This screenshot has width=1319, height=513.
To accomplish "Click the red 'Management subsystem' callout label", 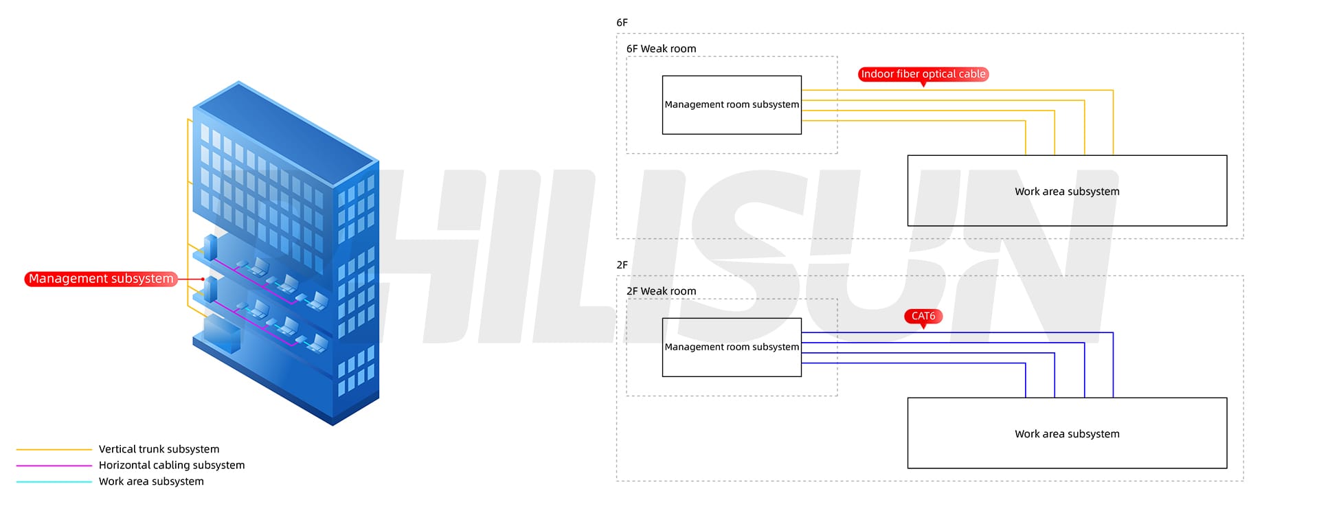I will [101, 279].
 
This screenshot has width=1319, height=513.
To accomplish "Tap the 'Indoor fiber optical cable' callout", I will [923, 74].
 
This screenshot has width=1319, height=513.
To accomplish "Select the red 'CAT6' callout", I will [923, 316].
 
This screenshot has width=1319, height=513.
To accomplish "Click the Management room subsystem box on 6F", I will [732, 105].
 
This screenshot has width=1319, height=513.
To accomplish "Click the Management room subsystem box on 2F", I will [732, 347].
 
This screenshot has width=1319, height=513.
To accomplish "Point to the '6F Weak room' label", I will [661, 49].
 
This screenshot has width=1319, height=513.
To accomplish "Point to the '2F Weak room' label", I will [661, 291].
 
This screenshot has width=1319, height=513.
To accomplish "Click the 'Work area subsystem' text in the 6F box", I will [1067, 192].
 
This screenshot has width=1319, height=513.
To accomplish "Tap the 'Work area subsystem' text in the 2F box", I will [1067, 434].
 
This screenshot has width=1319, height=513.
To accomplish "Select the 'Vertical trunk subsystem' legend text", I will [159, 449].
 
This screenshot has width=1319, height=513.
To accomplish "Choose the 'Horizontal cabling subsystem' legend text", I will [171, 465].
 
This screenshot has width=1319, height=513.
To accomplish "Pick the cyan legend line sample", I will [54, 482].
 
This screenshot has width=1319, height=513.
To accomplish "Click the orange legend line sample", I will [54, 450].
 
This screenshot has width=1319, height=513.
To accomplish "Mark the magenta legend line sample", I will [54, 466].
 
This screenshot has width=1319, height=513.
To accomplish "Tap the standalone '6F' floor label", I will [622, 23].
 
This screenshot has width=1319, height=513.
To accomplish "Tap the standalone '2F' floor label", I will [622, 265].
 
